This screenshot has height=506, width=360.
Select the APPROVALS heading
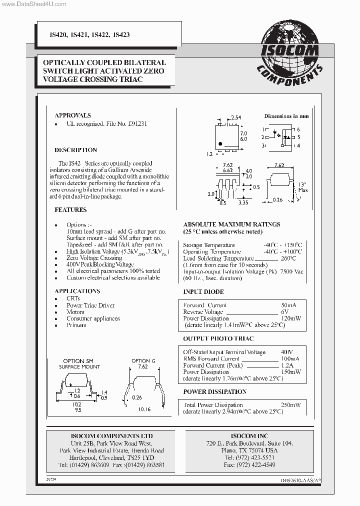coord(72,115)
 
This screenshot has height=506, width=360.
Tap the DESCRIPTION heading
coord(75,150)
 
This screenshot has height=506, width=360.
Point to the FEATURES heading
coord(70,210)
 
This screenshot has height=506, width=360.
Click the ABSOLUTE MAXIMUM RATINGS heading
coord(231,224)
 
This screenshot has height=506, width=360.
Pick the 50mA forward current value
coord(289,305)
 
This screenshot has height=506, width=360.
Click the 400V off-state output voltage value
coord(287,352)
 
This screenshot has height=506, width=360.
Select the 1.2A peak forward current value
coord(287,365)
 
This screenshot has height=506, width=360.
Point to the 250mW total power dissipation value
coord(290,405)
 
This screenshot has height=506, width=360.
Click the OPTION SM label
coord(78,360)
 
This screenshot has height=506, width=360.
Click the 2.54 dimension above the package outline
coord(236,117)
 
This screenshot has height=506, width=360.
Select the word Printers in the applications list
coord(76,325)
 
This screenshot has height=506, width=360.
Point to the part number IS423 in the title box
coord(122,35)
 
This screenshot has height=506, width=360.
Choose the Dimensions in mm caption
coord(286,116)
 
